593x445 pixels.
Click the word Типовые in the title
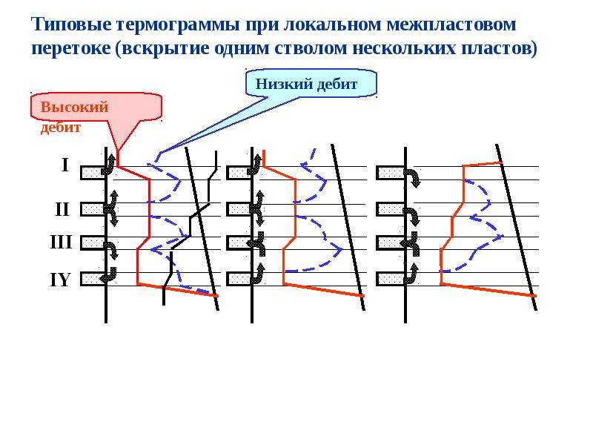coord(72,24)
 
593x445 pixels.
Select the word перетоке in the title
coord(71,49)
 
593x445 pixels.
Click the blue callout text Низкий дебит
coord(306,84)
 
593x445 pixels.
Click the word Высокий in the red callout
coord(75,107)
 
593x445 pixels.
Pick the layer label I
coord(65,165)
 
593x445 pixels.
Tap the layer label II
coord(62,209)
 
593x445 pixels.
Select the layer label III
coord(61,242)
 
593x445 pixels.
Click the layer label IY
coord(61,280)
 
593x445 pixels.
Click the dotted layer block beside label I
coord(93,173)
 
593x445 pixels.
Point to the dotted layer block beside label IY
coord(93,279)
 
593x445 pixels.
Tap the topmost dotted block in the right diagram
coord(391,173)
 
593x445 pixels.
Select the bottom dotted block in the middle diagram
coord(239,279)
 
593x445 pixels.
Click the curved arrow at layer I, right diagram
coord(413,178)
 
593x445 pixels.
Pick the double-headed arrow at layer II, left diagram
coord(112,208)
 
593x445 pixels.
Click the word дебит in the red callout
coord(61,127)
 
